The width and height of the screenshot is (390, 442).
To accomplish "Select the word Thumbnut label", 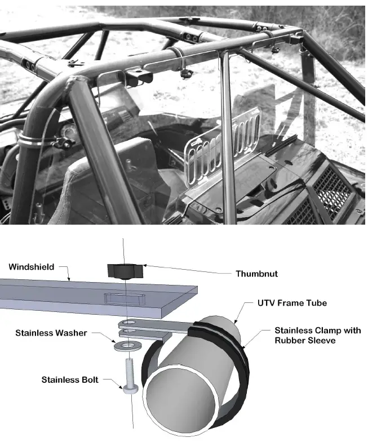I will click(256, 274).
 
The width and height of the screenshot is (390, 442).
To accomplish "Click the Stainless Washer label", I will click(51, 333).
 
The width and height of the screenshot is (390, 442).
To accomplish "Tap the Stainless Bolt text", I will click(70, 380).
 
